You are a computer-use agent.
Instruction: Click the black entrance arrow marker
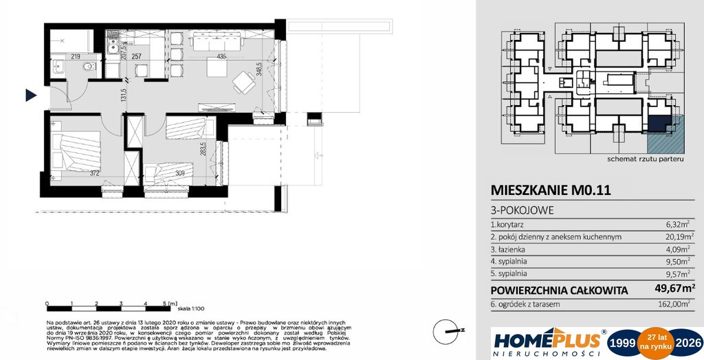30,95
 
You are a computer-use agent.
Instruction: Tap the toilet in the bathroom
87,67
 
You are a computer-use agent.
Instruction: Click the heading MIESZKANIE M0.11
541,190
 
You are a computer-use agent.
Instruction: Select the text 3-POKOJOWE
521,210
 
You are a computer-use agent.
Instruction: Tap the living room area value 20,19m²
675,237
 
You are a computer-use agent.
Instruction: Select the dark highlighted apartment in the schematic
659,123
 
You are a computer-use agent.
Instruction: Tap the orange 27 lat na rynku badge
652,342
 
